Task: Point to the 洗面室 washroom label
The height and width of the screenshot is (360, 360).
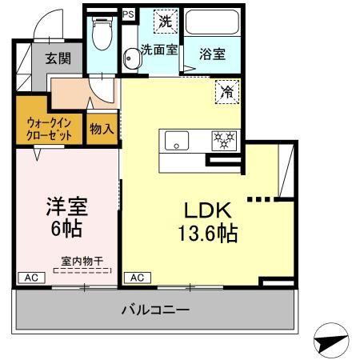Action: pos(160,50)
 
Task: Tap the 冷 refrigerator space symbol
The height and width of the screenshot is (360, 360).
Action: pos(226,93)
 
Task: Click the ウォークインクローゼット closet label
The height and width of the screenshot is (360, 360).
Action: pos(50,128)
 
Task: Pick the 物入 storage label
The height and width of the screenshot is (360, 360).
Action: pos(102,129)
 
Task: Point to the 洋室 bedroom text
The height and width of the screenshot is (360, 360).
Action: pos(66,206)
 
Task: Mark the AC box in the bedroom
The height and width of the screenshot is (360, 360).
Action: pos(30,278)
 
